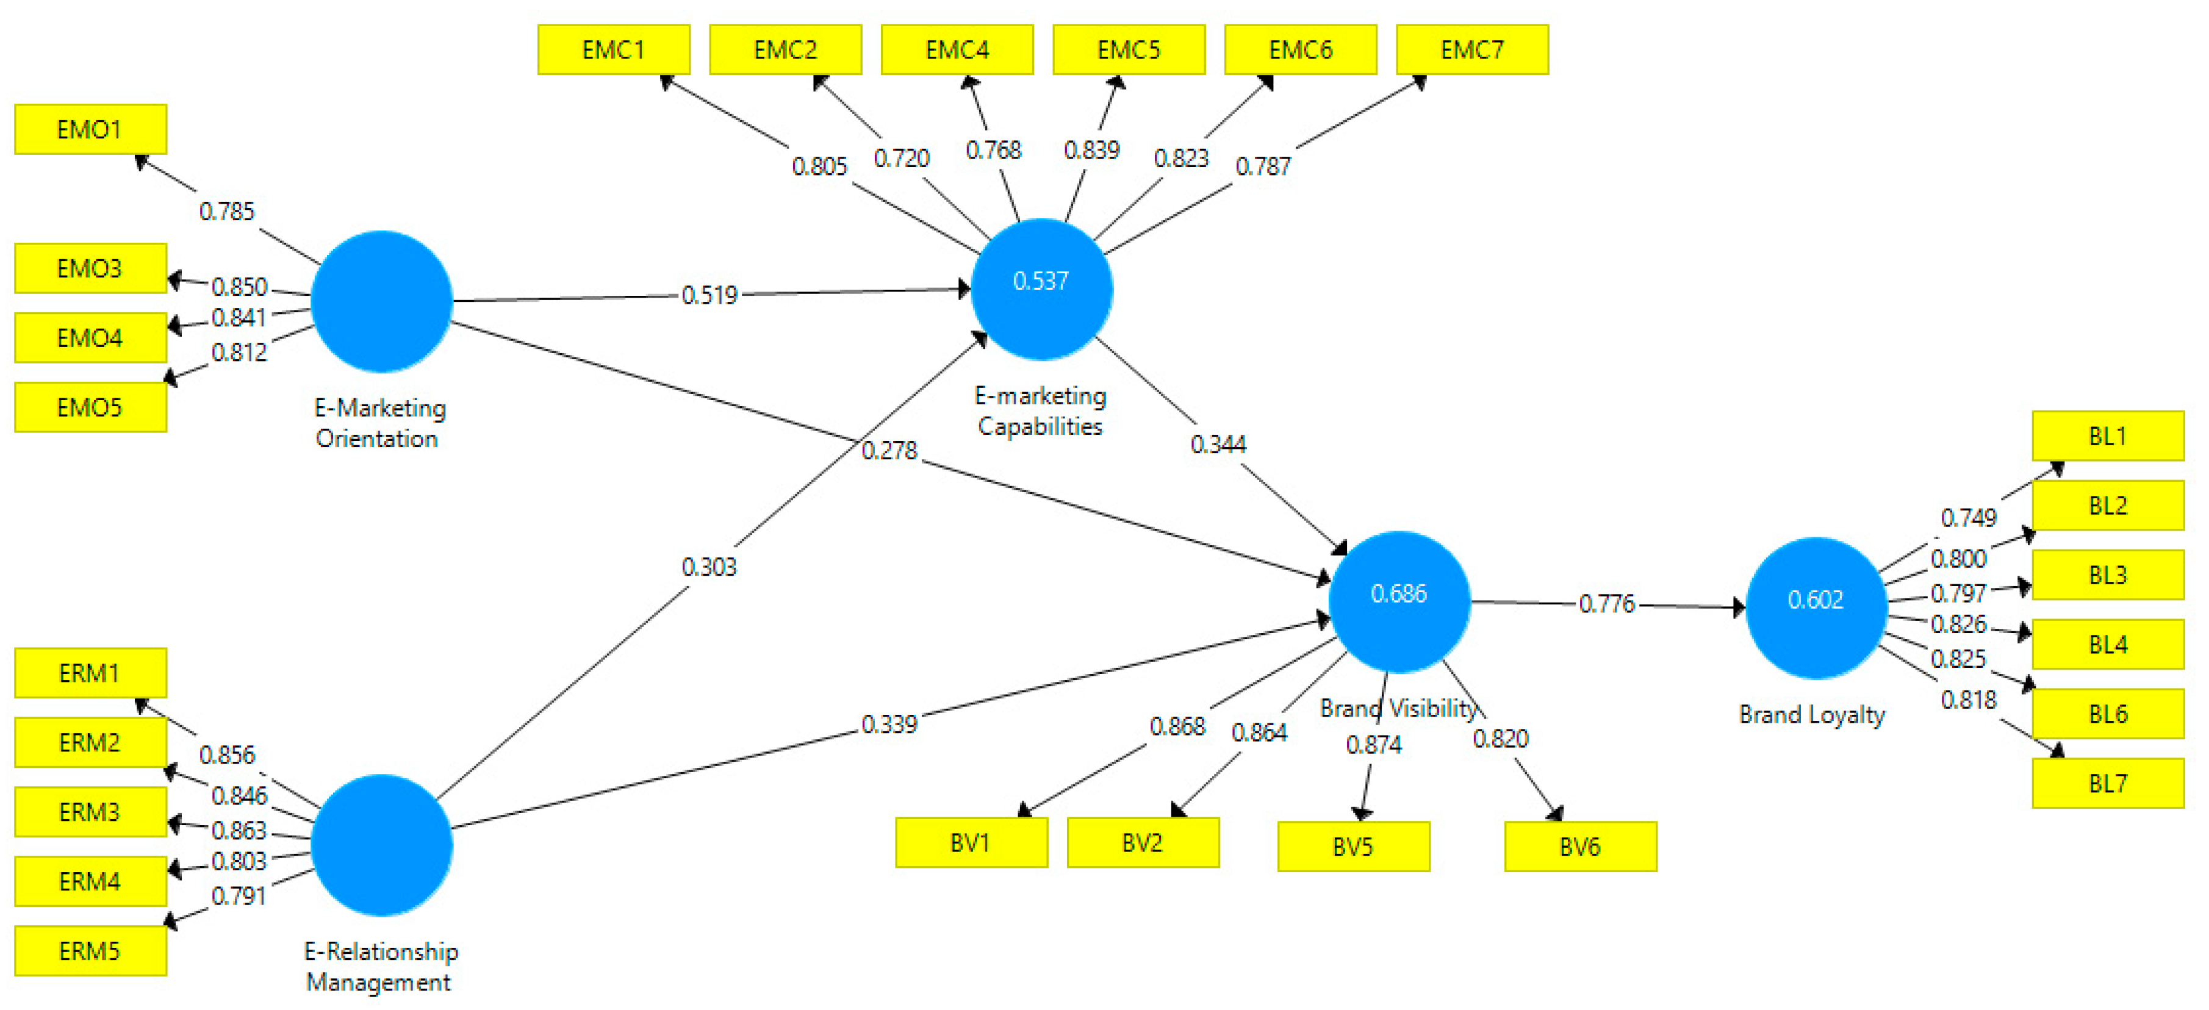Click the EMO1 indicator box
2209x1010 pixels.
click(x=90, y=129)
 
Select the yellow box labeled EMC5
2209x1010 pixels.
click(x=1129, y=50)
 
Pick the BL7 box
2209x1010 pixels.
click(x=2107, y=783)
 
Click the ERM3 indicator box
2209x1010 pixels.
click(x=90, y=811)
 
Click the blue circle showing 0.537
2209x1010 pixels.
click(x=1041, y=289)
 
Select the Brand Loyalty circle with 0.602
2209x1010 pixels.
click(x=1816, y=607)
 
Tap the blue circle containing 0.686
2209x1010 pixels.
click(x=1399, y=601)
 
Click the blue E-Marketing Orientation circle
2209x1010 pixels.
click(x=382, y=301)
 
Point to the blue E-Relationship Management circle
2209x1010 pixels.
click(x=382, y=845)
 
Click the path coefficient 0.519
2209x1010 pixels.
click(x=709, y=295)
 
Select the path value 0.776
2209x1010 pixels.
click(x=1607, y=604)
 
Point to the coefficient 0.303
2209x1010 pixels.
click(x=709, y=567)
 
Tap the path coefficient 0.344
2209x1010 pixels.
click(x=1218, y=444)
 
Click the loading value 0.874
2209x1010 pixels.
click(x=1374, y=744)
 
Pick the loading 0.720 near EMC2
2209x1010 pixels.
click(x=901, y=158)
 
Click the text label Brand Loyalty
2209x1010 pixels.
click(x=1811, y=714)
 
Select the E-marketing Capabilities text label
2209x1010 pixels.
click(x=1040, y=410)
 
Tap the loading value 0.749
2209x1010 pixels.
click(x=1968, y=518)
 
